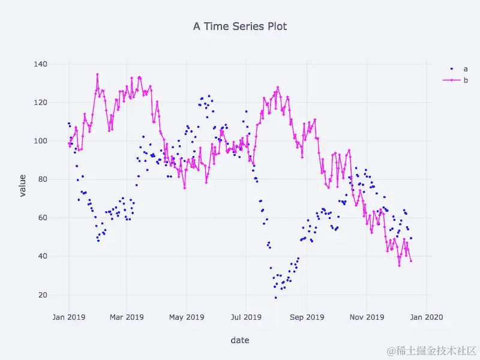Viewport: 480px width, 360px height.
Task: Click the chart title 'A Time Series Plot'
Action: pos(240,26)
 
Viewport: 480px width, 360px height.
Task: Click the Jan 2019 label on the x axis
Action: pos(68,317)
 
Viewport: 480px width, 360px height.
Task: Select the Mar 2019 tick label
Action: pos(127,317)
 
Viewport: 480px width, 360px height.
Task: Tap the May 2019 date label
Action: pos(187,317)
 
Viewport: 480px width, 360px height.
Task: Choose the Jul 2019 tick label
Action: pos(246,317)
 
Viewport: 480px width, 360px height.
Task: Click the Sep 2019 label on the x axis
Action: pos(307,317)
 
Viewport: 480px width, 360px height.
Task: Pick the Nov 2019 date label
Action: pos(367,317)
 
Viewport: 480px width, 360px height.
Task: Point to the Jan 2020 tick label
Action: pos(426,317)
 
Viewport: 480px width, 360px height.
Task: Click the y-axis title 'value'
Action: pos(22,185)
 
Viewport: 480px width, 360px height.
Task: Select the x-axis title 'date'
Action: pos(240,340)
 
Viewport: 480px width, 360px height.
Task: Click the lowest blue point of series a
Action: pos(276,298)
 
